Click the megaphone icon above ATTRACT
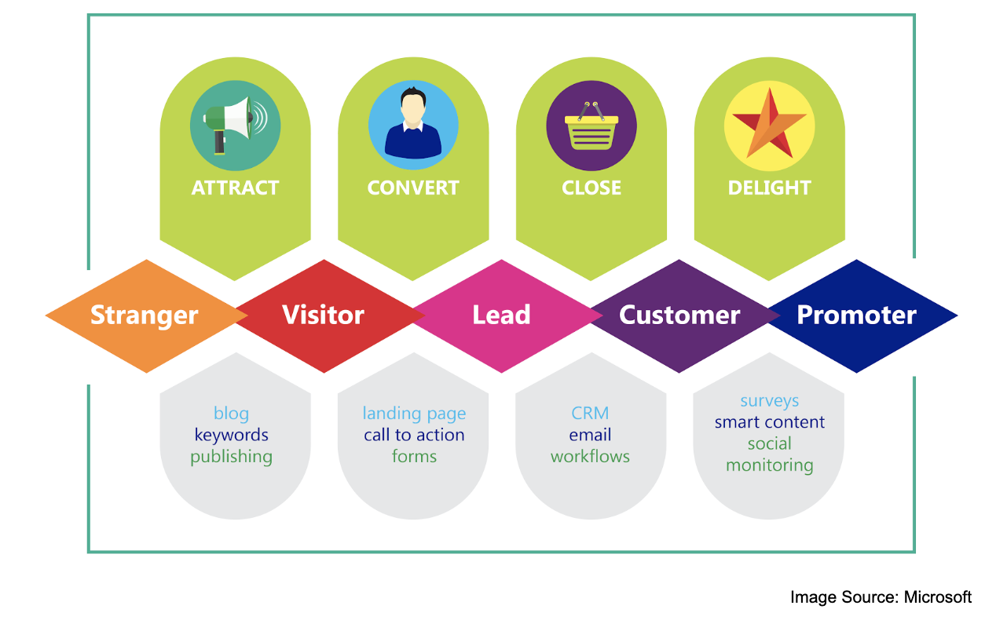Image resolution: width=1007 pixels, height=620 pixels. click(235, 125)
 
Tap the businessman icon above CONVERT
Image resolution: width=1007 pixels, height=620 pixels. click(413, 125)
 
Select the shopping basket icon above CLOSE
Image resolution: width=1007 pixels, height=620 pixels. click(591, 125)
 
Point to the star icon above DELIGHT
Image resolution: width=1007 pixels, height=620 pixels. click(769, 125)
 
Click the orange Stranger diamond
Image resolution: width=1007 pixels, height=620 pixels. click(145, 315)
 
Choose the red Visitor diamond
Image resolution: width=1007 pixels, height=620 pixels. click(323, 315)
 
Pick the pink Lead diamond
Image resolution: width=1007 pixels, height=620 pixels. click(501, 315)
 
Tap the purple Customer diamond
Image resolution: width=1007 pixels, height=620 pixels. click(679, 315)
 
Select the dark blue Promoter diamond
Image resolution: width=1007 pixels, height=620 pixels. click(857, 315)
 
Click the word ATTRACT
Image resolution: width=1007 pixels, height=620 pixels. click(235, 188)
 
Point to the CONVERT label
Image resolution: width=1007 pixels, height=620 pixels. click(413, 188)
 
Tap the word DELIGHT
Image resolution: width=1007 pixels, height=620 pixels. click(769, 188)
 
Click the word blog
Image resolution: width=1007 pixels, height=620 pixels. click(231, 414)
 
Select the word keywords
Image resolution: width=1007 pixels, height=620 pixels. click(231, 435)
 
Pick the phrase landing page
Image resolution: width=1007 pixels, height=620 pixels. click(414, 414)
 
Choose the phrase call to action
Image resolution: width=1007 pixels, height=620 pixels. click(414, 435)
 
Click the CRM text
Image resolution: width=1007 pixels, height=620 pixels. click(590, 414)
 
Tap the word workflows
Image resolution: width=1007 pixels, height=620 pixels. click(590, 456)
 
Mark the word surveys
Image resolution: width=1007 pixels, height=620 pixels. click(769, 401)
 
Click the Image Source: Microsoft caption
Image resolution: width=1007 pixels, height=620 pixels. click(881, 597)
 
